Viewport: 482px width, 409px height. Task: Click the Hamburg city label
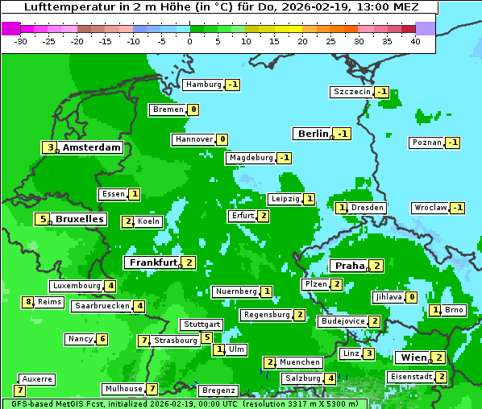coord(203,85)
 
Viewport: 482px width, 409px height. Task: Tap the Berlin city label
coord(313,134)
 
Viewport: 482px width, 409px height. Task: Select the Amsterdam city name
coord(92,147)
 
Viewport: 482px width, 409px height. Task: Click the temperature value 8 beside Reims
coord(28,302)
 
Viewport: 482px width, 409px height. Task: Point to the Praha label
coord(350,266)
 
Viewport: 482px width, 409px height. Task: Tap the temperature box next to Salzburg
coord(330,378)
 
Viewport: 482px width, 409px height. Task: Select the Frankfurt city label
coord(152,262)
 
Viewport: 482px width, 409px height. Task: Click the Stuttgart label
coord(201,324)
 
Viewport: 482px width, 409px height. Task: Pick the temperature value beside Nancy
coord(102,339)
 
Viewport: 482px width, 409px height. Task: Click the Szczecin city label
coord(352,92)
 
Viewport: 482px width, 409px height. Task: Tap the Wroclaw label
coord(430,208)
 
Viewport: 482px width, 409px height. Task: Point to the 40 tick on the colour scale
coord(415,41)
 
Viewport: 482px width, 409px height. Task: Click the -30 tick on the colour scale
coord(20,41)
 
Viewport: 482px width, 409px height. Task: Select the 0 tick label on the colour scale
coord(189,41)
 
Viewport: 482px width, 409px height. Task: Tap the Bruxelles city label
coord(79,219)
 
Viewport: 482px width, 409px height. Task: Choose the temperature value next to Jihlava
coord(412,297)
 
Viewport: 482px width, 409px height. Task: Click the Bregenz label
coord(218,390)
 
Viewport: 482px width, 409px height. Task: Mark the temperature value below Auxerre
coord(20,390)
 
